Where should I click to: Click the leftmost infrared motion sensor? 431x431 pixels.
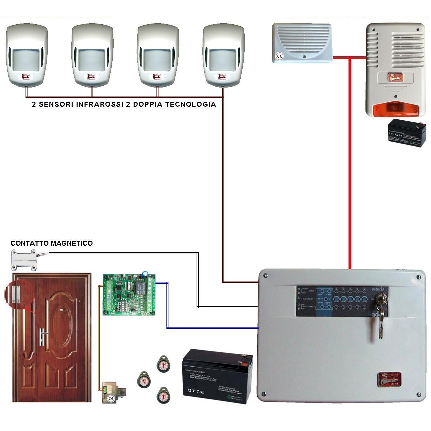27,55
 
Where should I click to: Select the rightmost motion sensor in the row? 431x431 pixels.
223,55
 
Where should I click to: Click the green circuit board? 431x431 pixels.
129,294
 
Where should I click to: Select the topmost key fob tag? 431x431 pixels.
163,364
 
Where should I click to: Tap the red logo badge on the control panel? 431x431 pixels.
390,380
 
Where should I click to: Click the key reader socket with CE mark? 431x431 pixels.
113,393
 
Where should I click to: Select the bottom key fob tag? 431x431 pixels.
163,395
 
